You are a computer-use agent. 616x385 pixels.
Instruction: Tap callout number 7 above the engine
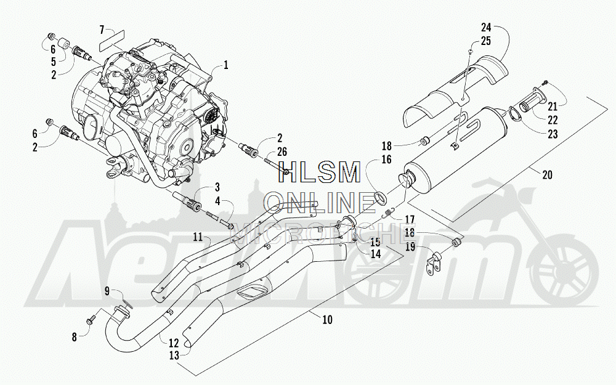[103, 29]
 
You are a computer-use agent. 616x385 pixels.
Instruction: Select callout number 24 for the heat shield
[487, 28]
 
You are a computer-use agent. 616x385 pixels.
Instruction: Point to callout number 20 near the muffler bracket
[547, 175]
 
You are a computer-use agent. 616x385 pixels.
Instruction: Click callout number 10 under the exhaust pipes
[327, 319]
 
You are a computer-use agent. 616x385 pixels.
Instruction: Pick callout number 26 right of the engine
[282, 152]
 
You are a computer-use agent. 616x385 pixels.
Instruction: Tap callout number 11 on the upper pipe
[197, 237]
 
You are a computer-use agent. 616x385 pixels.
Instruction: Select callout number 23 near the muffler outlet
[553, 134]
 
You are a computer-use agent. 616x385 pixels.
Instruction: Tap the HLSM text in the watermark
[321, 173]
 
